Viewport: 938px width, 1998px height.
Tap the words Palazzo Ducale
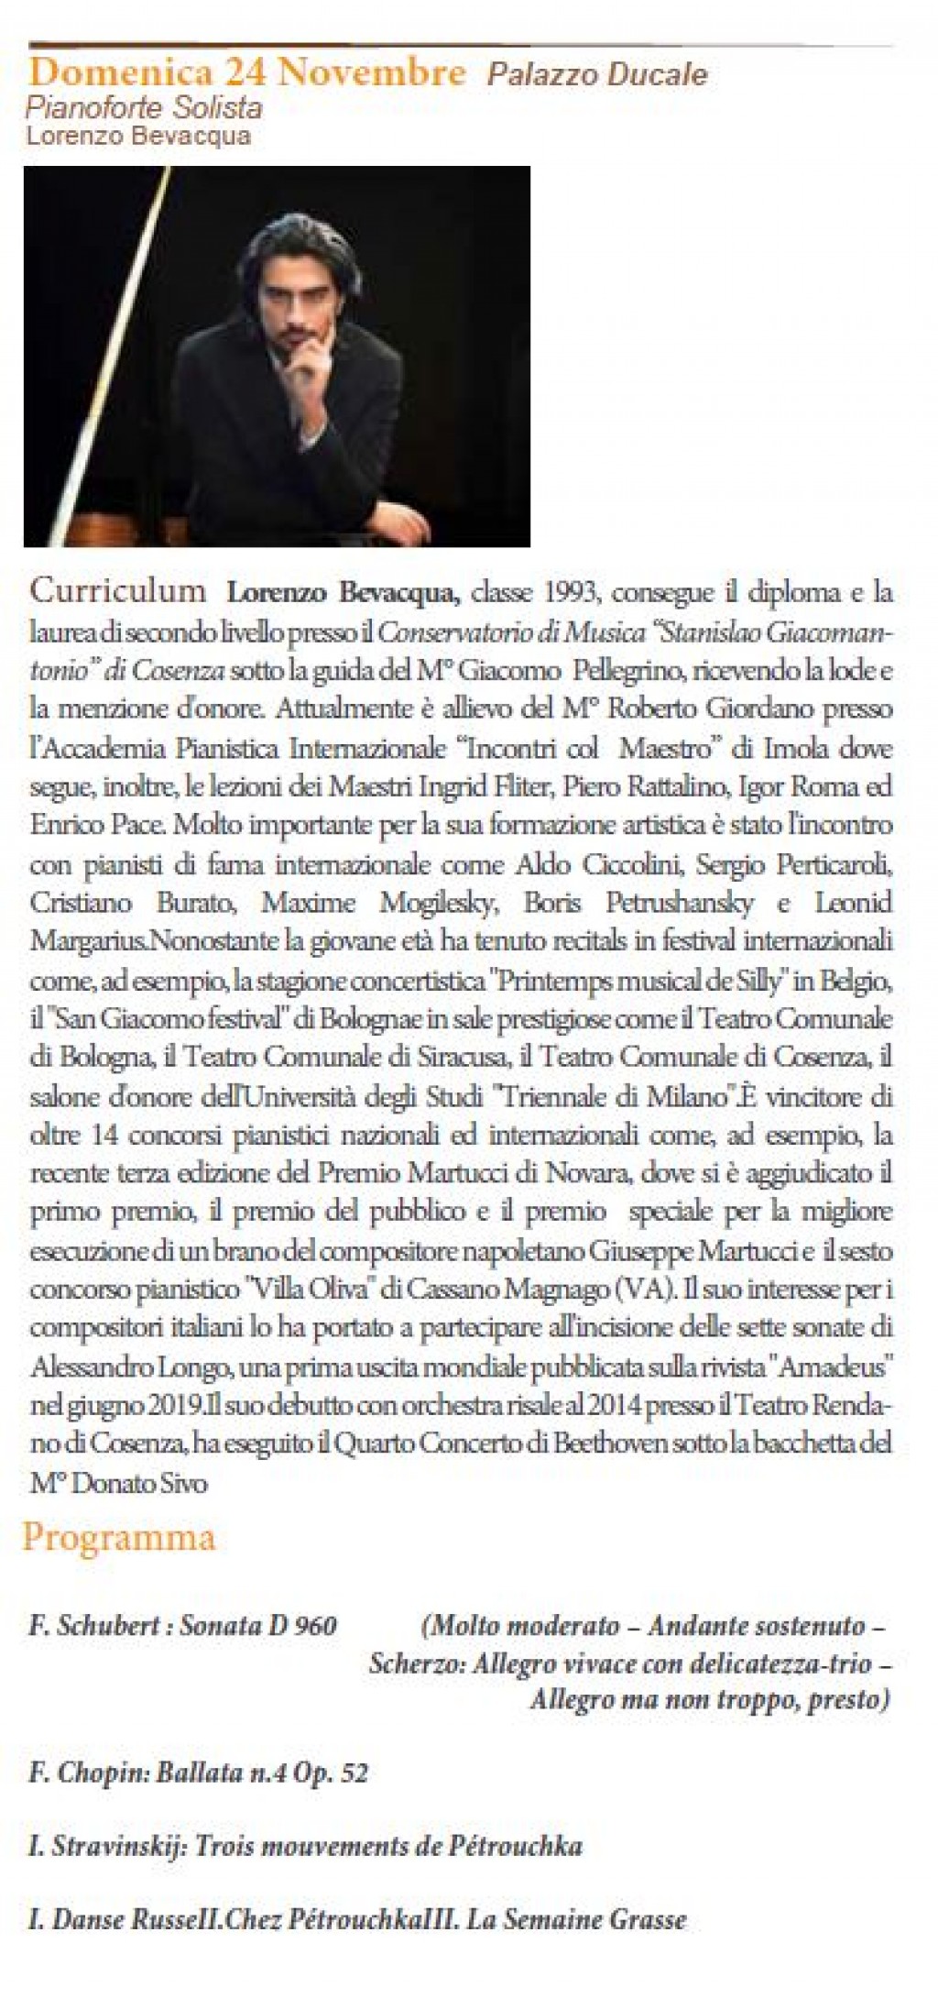(x=597, y=74)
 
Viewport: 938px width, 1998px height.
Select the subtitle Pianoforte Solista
(x=144, y=108)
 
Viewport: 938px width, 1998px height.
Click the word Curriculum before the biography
(x=118, y=590)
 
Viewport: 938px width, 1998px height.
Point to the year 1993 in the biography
(x=571, y=593)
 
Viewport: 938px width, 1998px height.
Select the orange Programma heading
(x=119, y=1536)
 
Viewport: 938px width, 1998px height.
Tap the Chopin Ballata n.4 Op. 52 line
(x=198, y=1773)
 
